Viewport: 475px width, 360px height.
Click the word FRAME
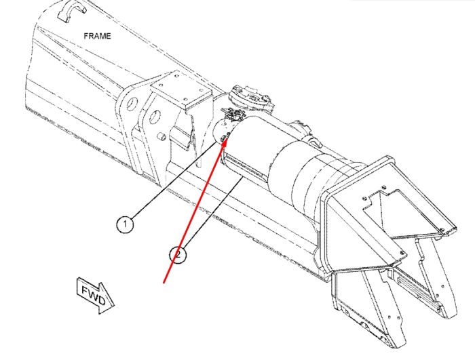[97, 36]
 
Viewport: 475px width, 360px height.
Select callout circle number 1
[125, 224]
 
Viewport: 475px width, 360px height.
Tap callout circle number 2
[178, 255]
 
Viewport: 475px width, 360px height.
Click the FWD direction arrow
[95, 295]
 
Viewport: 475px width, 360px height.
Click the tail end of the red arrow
[164, 283]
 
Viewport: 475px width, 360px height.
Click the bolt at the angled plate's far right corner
[442, 229]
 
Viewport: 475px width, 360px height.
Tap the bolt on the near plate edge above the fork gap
[402, 253]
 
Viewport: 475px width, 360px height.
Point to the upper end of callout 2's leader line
[242, 178]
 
